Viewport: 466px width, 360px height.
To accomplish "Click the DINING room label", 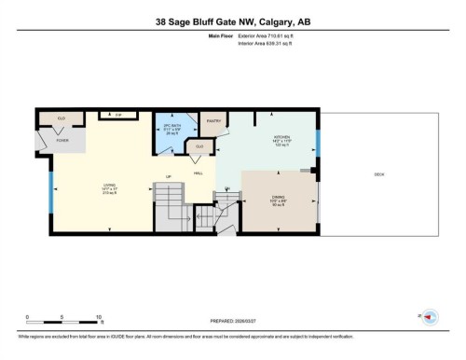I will (279, 197).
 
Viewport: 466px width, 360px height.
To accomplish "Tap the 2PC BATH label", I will (171, 126).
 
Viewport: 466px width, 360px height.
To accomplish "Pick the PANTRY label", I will (212, 120).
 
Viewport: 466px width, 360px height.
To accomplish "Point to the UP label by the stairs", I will (169, 177).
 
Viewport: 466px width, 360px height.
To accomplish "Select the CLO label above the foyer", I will (61, 119).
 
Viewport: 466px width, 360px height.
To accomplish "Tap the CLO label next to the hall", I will (199, 146).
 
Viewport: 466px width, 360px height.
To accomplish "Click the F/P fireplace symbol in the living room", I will (118, 115).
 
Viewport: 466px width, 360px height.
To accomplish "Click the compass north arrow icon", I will (432, 315).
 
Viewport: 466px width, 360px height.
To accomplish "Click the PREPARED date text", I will (233, 324).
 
